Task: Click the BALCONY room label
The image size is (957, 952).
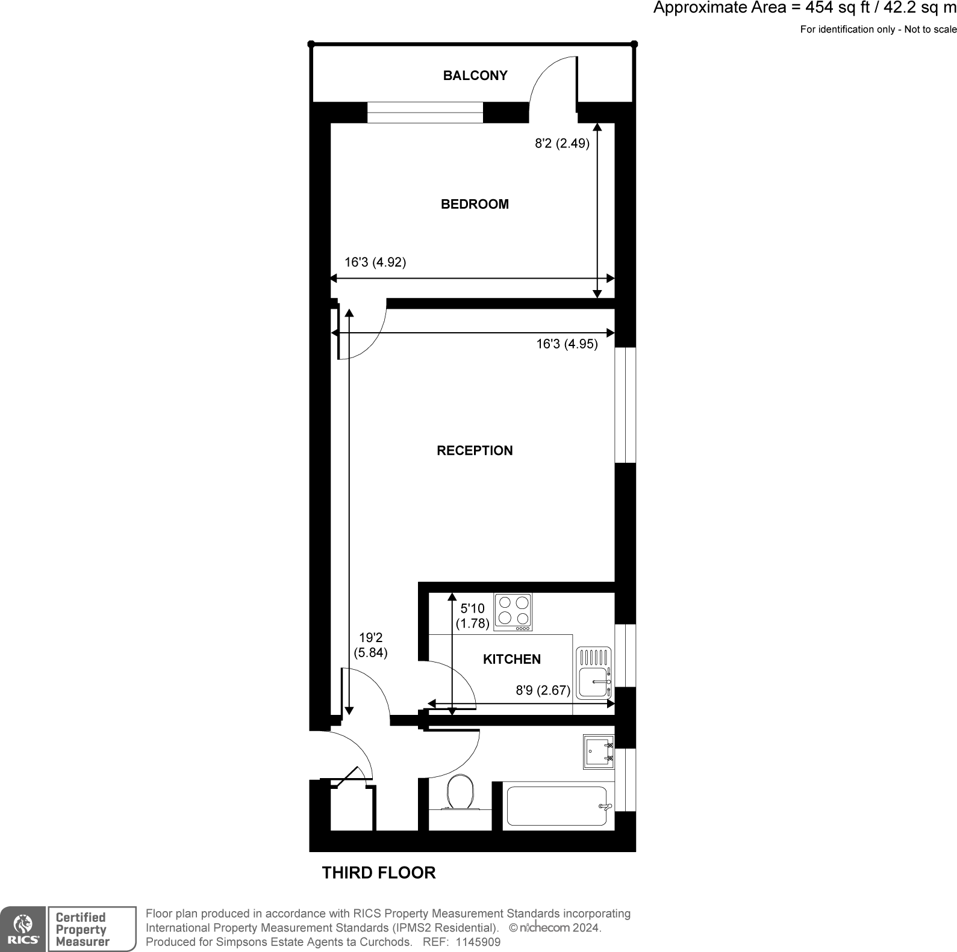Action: click(475, 76)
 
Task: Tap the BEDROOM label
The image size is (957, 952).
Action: click(475, 205)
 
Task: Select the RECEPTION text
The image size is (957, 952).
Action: click(475, 451)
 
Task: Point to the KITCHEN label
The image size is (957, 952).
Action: click(511, 660)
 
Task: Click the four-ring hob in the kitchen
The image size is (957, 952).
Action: click(513, 612)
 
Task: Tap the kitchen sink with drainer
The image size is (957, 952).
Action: click(594, 673)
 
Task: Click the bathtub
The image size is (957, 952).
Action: click(557, 806)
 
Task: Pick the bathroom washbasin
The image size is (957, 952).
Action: click(598, 752)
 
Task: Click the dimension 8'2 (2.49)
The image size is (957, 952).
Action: click(562, 144)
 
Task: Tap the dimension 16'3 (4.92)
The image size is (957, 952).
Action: click(375, 262)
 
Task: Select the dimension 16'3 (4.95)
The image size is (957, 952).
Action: click(567, 344)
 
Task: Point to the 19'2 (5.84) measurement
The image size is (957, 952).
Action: click(370, 645)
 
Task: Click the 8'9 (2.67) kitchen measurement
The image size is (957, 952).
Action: click(543, 690)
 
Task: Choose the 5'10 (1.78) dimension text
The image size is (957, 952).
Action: click(472, 616)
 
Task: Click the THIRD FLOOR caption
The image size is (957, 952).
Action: click(378, 873)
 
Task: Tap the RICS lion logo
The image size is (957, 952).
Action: click(23, 929)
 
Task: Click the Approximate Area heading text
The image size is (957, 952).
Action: click(805, 8)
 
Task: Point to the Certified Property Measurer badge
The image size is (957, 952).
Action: click(92, 929)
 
